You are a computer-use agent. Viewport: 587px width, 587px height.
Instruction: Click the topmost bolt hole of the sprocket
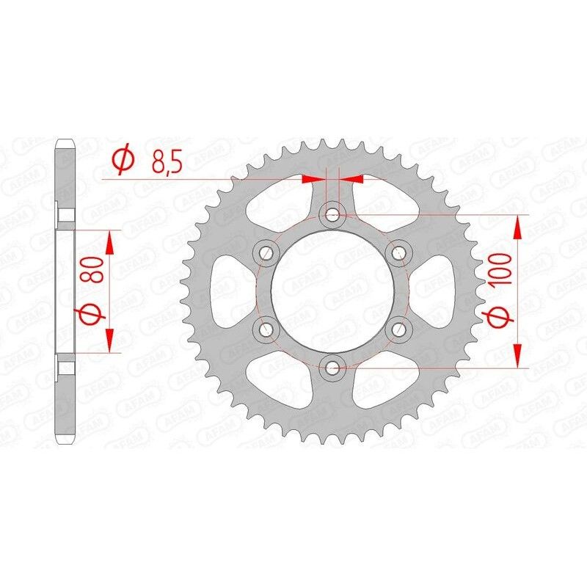click(x=332, y=214)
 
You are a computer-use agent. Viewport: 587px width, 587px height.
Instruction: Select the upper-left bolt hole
click(x=266, y=252)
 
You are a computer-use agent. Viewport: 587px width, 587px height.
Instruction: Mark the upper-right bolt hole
click(x=398, y=252)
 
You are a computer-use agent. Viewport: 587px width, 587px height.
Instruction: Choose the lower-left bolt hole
click(x=266, y=328)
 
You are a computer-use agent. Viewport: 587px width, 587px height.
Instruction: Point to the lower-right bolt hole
click(x=398, y=328)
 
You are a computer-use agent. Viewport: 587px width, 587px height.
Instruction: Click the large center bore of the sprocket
click(x=332, y=290)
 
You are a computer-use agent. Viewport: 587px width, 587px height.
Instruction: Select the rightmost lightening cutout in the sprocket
click(x=437, y=290)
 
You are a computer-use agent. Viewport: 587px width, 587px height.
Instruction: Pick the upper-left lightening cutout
click(x=283, y=198)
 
